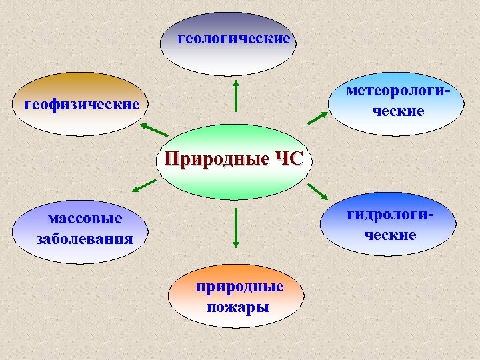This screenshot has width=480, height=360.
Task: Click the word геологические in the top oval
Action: click(x=234, y=39)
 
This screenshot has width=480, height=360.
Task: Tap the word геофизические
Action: click(x=82, y=105)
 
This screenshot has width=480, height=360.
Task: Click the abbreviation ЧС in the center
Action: click(x=288, y=160)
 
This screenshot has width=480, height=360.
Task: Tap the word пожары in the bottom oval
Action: click(x=237, y=307)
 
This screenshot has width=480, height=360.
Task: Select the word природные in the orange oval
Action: click(x=239, y=287)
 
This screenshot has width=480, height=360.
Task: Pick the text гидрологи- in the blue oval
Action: click(x=390, y=215)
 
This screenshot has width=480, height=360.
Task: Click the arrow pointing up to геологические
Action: click(x=235, y=95)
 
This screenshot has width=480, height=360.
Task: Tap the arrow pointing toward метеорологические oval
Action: click(x=318, y=118)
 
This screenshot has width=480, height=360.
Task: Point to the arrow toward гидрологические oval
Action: click(x=319, y=191)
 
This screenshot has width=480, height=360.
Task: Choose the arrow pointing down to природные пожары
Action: click(x=235, y=229)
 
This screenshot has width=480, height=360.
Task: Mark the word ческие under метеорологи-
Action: click(x=399, y=111)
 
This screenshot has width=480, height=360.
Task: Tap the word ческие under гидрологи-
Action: click(x=391, y=235)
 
